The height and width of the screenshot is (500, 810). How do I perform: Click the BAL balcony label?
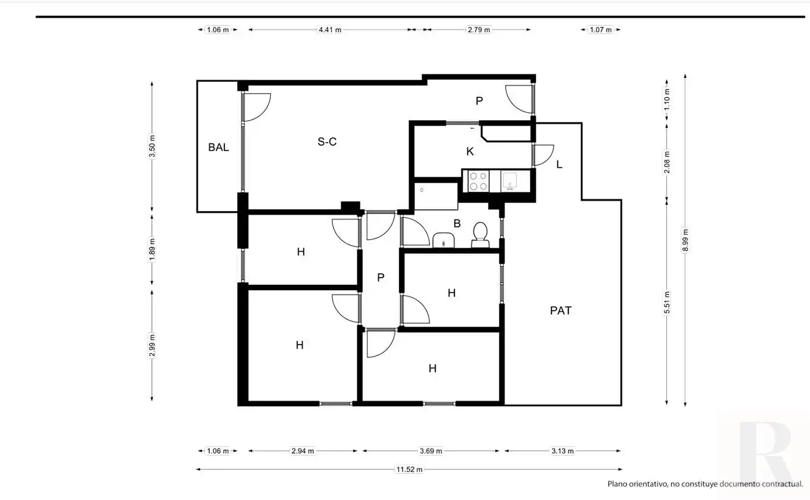point(218,147)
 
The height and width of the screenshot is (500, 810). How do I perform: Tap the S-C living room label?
point(327,141)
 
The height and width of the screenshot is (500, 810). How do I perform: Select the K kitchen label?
point(470,151)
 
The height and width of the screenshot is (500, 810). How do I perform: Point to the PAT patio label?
point(561,310)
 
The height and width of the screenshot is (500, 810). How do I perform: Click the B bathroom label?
point(457,223)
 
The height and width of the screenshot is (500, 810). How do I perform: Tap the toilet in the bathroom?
point(480,235)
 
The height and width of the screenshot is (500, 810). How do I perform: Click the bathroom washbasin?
point(443,240)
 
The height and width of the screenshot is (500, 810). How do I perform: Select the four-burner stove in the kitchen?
point(478,181)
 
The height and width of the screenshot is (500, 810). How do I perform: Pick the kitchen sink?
point(511,181)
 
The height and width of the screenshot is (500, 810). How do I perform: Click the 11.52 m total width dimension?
point(409,470)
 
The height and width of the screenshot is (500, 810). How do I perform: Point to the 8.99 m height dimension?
point(685,240)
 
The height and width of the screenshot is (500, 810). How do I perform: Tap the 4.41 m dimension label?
point(330,30)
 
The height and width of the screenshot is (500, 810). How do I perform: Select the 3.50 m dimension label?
point(152,146)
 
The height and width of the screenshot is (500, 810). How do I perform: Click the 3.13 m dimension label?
point(562,451)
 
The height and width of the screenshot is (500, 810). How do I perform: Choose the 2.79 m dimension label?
point(479,30)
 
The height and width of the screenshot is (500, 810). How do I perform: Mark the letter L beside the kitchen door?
point(559,165)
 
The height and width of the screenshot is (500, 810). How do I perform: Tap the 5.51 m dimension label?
point(667,302)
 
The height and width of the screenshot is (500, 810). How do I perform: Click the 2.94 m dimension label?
point(303,451)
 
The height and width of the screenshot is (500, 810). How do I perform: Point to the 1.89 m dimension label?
point(152,249)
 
